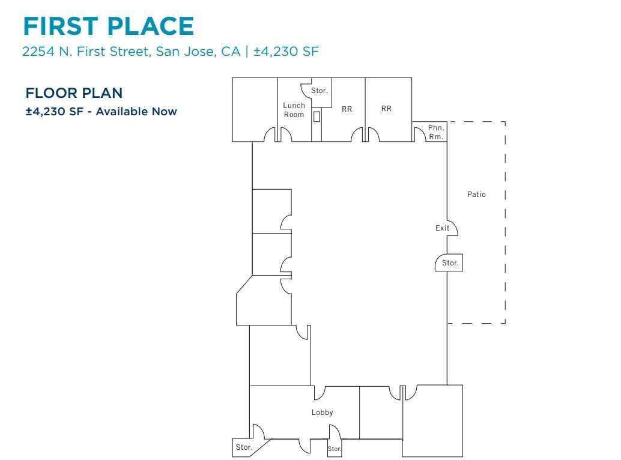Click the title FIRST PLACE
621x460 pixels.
pyautogui.click(x=108, y=26)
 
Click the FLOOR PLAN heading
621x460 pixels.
pyautogui.click(x=74, y=93)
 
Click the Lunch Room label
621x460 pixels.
pyautogui.click(x=294, y=110)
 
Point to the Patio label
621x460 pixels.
pyautogui.click(x=476, y=195)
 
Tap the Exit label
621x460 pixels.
pyautogui.click(x=443, y=228)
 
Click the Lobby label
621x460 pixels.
pyautogui.click(x=322, y=413)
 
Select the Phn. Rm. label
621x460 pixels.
pyautogui.click(x=436, y=132)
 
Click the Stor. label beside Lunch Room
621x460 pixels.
pyautogui.click(x=320, y=91)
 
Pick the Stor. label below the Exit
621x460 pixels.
pyautogui.click(x=450, y=263)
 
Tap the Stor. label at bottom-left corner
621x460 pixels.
pyautogui.click(x=243, y=447)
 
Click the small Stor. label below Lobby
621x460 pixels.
pyautogui.click(x=335, y=449)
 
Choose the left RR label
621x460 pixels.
pyautogui.click(x=347, y=109)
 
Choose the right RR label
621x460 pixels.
pyautogui.click(x=386, y=109)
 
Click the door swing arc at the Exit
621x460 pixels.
pyautogui.click(x=453, y=228)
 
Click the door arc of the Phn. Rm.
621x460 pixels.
pyautogui.click(x=418, y=135)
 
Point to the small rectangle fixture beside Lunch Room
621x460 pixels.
pyautogui.click(x=317, y=117)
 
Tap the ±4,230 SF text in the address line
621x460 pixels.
pyautogui.click(x=285, y=52)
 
